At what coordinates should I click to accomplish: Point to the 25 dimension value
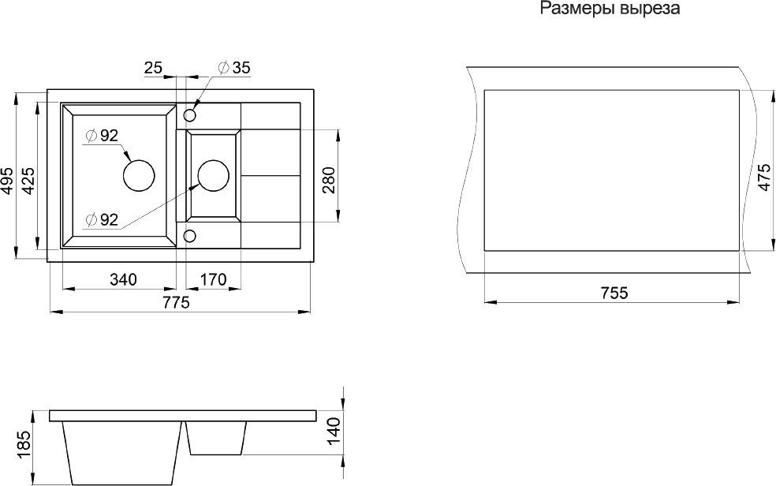153,68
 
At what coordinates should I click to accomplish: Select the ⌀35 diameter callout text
232,68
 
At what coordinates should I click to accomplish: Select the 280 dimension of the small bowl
330,180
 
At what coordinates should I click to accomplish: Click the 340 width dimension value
123,279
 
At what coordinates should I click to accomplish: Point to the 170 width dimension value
213,279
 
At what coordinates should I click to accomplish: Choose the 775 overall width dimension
176,303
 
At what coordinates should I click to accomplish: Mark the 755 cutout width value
614,293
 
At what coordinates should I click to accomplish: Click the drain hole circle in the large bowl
139,174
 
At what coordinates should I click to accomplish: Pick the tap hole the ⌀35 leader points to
190,115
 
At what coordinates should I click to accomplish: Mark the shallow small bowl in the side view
217,436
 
